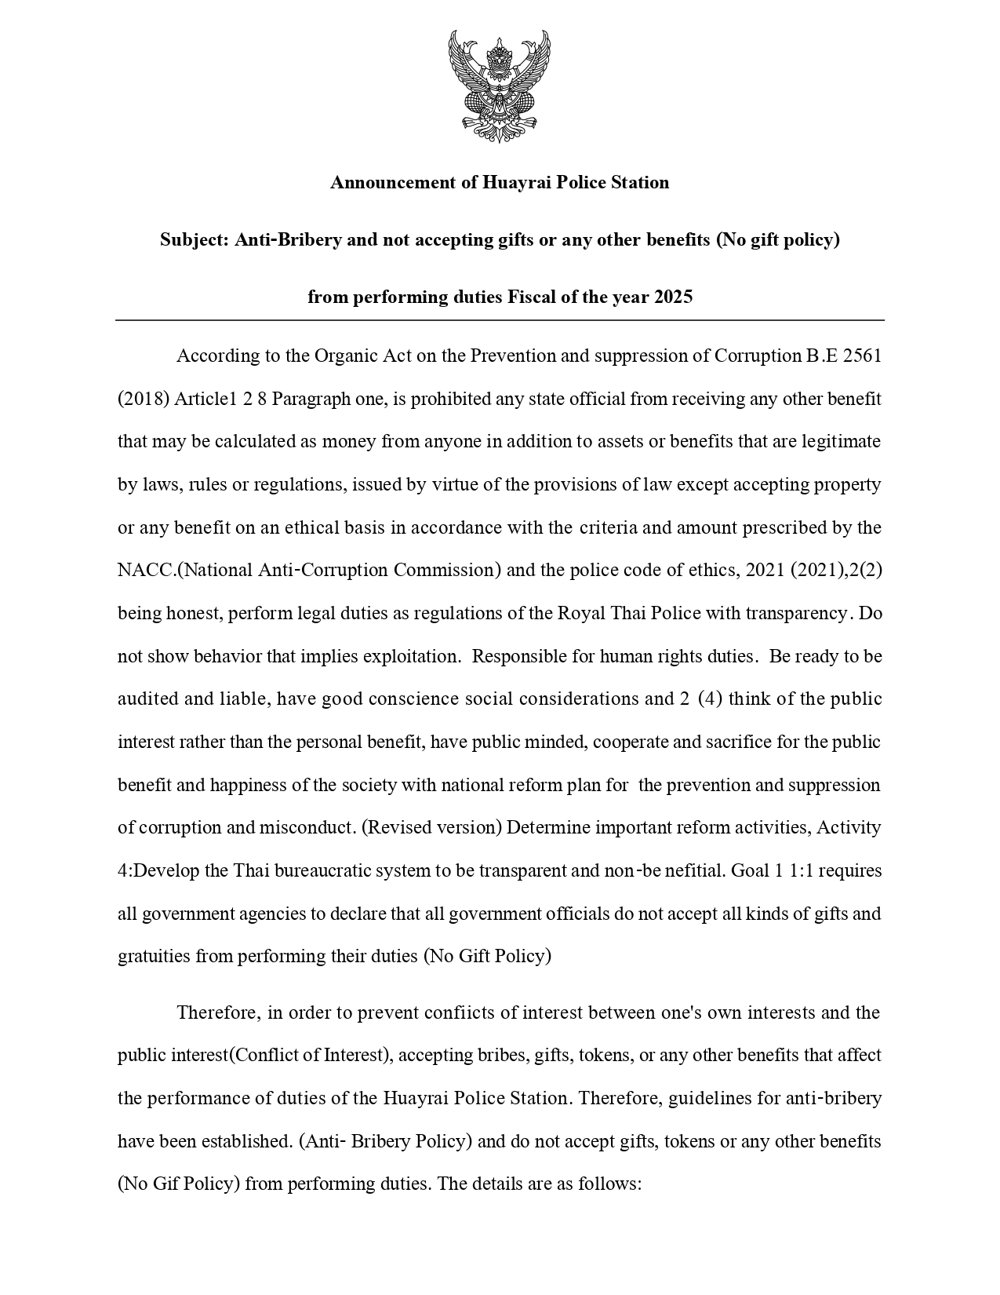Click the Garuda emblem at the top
pos(499,86)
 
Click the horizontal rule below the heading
pos(500,320)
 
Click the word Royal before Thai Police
pos(580,613)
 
